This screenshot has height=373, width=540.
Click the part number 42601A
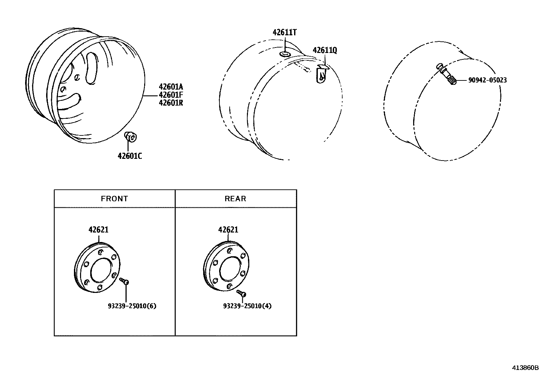click(x=171, y=87)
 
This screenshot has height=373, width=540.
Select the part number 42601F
click(x=171, y=95)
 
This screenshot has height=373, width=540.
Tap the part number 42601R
click(x=171, y=102)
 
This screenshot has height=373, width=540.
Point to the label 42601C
click(x=130, y=156)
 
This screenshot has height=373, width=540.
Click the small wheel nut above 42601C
click(x=130, y=137)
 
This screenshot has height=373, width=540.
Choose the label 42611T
click(x=285, y=33)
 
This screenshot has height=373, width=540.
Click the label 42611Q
click(x=325, y=51)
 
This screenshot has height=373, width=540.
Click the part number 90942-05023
click(x=487, y=80)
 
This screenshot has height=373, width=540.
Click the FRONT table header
click(x=114, y=199)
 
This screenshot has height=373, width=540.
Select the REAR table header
click(x=235, y=199)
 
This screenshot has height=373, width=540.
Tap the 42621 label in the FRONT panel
click(x=98, y=230)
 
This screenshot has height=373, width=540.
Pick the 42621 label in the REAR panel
click(x=228, y=230)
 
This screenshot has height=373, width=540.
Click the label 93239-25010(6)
click(x=132, y=306)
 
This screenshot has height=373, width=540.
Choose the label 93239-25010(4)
click(x=247, y=306)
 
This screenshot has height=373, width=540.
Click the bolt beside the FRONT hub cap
click(x=124, y=281)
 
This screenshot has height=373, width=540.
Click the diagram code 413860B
click(x=525, y=368)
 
